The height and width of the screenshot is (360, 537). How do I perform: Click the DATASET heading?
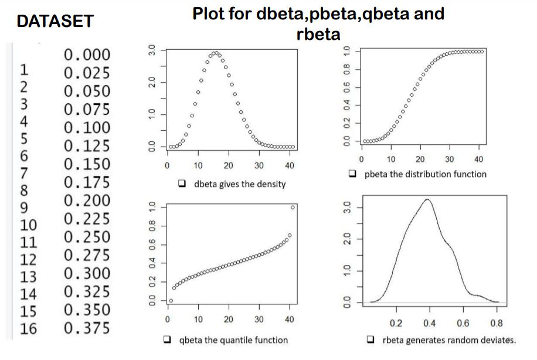click(55, 22)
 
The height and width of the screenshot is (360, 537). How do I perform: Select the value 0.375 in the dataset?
click(87, 328)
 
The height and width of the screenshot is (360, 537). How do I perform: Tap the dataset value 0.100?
click(87, 127)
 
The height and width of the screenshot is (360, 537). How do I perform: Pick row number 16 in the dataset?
click(28, 328)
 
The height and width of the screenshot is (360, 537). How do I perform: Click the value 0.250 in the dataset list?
click(87, 237)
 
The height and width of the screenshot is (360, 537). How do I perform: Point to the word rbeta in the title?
click(318, 34)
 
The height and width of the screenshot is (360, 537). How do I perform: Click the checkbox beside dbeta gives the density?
click(182, 184)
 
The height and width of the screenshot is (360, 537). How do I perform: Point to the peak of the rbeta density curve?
click(427, 199)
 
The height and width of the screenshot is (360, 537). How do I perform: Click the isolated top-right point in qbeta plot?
click(293, 207)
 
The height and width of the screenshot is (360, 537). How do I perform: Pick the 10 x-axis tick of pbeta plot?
click(392, 159)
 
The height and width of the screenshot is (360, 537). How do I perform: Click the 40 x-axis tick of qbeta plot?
click(289, 319)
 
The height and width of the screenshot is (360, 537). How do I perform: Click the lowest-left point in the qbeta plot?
click(171, 301)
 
